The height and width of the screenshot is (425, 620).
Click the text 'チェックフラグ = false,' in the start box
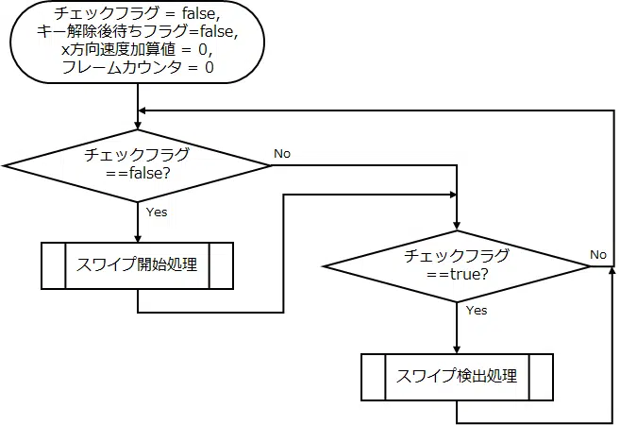[x=138, y=14]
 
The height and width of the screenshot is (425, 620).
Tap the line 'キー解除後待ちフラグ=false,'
[x=138, y=32]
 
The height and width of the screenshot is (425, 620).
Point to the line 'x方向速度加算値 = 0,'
[x=138, y=50]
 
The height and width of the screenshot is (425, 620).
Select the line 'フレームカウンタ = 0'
[x=138, y=68]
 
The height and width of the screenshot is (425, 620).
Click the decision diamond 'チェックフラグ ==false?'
[x=138, y=165]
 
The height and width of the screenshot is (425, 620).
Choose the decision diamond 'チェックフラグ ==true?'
[x=457, y=266]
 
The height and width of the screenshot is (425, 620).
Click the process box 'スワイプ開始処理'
[x=138, y=264]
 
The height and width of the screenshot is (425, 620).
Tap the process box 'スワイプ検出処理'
[x=457, y=376]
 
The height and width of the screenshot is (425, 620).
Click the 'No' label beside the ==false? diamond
[x=282, y=153]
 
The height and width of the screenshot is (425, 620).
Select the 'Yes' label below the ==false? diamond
[x=157, y=212]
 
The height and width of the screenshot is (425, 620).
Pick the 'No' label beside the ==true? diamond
[x=598, y=254]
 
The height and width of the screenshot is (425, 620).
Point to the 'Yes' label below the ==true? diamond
[x=477, y=310]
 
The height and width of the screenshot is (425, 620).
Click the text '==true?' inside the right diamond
[x=457, y=275]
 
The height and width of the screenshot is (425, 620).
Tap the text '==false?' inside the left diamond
[x=138, y=174]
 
